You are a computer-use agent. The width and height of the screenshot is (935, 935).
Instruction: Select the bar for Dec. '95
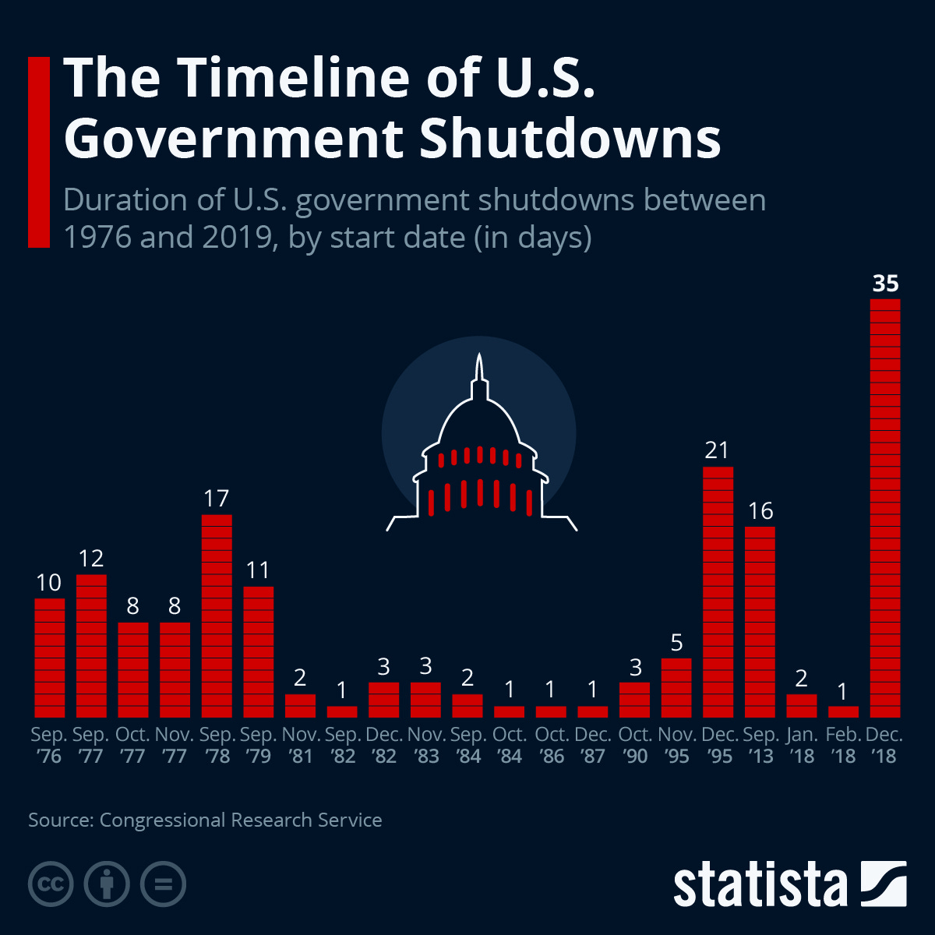718,592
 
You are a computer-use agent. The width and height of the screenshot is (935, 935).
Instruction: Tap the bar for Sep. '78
217,616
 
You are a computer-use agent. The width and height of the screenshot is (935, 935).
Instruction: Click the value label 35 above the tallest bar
885,283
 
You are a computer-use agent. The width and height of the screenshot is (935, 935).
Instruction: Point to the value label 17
217,499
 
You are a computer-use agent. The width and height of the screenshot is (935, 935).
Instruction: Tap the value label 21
717,450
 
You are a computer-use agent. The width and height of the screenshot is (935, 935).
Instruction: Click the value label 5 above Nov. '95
676,643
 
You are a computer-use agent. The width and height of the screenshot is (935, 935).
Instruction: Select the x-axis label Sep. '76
49,746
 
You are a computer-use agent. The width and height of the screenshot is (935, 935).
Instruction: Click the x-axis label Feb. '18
843,746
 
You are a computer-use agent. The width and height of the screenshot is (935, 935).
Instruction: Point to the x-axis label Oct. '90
634,746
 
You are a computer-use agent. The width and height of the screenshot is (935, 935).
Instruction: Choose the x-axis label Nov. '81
301,746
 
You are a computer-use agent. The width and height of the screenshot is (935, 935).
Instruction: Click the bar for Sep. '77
91,646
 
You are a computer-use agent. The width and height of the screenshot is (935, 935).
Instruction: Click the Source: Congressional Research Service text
205,820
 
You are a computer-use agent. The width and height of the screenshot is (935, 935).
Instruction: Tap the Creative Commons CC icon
51,884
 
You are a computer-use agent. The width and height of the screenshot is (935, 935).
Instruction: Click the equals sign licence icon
164,884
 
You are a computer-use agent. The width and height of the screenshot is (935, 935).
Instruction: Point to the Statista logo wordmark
760,885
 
